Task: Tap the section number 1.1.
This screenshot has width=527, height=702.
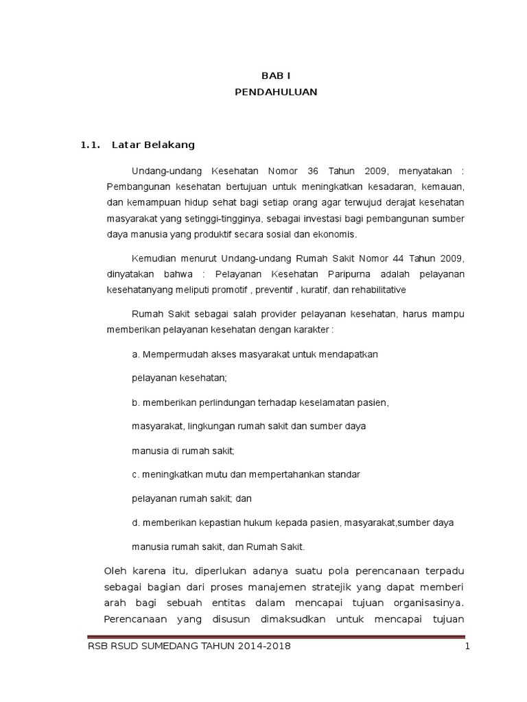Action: click(91, 145)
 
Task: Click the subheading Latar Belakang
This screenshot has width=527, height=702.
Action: click(159, 145)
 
